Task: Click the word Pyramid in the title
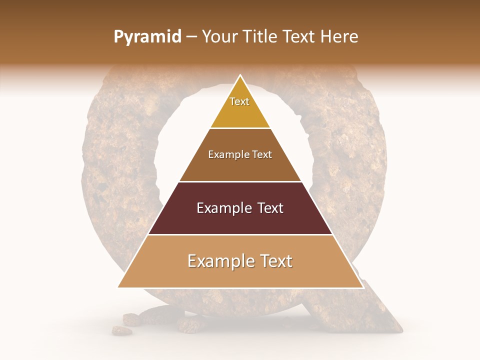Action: (x=147, y=37)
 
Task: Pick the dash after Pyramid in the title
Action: (x=191, y=37)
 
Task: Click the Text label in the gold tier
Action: (x=239, y=101)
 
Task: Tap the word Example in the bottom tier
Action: (x=219, y=261)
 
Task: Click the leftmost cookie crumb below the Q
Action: (x=120, y=330)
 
